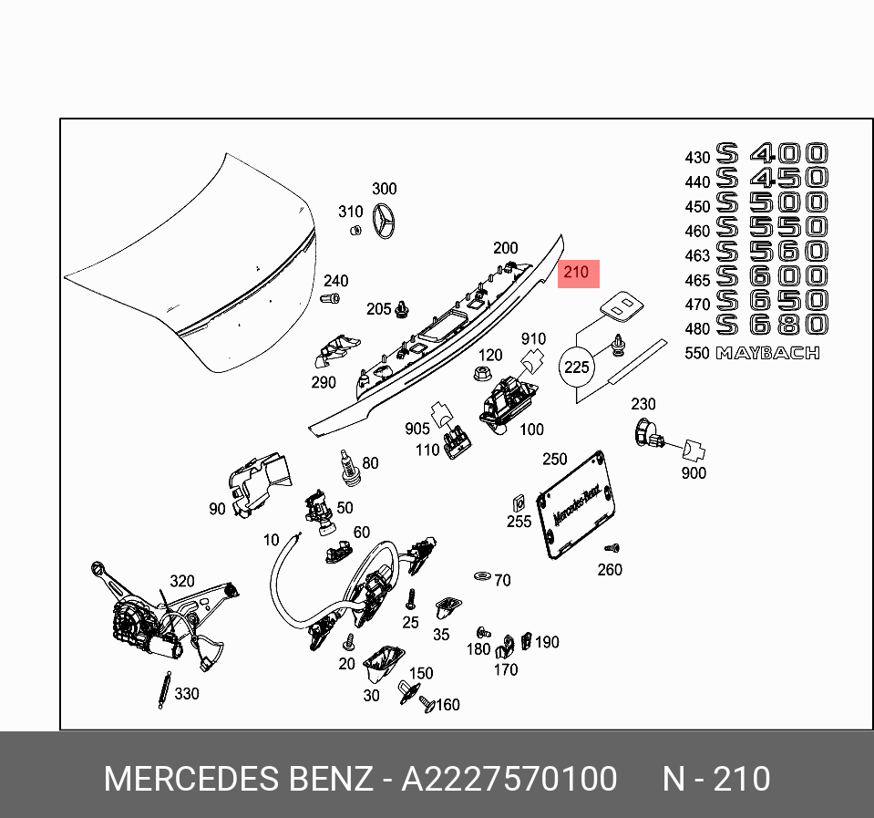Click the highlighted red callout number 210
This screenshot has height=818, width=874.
click(576, 272)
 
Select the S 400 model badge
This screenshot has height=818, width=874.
click(772, 153)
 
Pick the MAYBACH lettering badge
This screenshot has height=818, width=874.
click(767, 353)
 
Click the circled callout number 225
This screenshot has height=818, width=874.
click(577, 368)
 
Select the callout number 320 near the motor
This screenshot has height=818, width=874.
click(182, 582)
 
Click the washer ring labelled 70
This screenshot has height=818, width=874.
click(480, 576)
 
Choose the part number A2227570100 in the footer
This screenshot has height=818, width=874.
click(509, 780)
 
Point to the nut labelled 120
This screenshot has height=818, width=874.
click(479, 373)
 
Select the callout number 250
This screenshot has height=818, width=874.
click(554, 460)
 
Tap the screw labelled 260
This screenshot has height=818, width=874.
click(612, 549)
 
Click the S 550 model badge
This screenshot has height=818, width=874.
click(772, 227)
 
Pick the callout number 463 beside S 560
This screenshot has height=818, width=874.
click(697, 257)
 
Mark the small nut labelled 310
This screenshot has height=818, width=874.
click(356, 229)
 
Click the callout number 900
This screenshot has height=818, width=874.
click(694, 473)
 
